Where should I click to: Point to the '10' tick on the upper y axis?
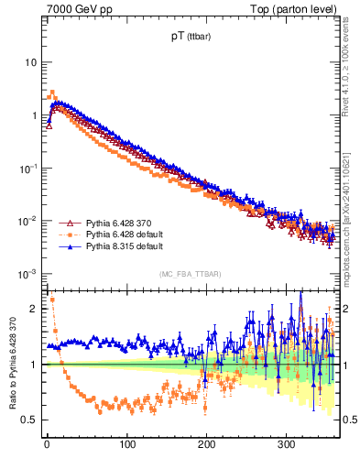(x=30, y=62)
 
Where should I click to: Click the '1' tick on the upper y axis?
(x=33, y=115)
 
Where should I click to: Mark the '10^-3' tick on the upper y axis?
(x=28, y=274)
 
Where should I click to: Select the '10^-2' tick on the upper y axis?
(x=28, y=221)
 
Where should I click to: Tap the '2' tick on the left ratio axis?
(x=34, y=309)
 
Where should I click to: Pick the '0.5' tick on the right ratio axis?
(x=347, y=420)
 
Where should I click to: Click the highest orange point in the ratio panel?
(x=52, y=299)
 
